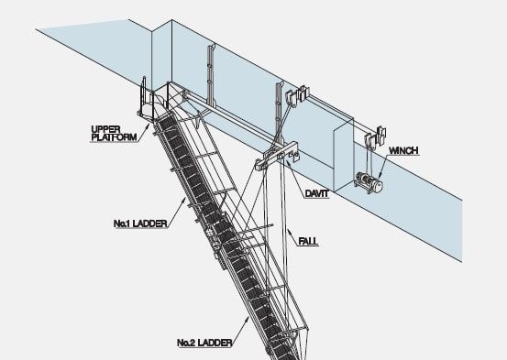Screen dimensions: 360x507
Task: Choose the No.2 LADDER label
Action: point(203,343)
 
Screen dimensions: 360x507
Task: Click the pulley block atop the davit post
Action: point(298,94)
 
